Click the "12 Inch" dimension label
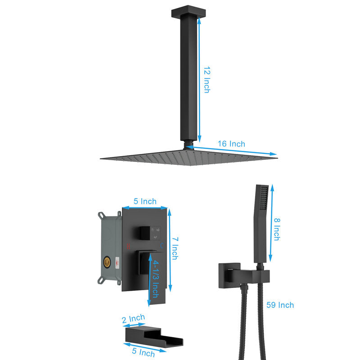[x=207, y=80]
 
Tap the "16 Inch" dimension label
[x=231, y=144]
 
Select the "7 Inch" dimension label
[x=175, y=248]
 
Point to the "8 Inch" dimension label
[x=277, y=229]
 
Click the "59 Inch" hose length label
[x=280, y=305]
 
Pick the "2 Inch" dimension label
[x=133, y=319]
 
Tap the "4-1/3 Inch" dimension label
[x=156, y=279]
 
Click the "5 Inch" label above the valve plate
[x=145, y=201]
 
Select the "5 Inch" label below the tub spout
[x=143, y=352]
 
